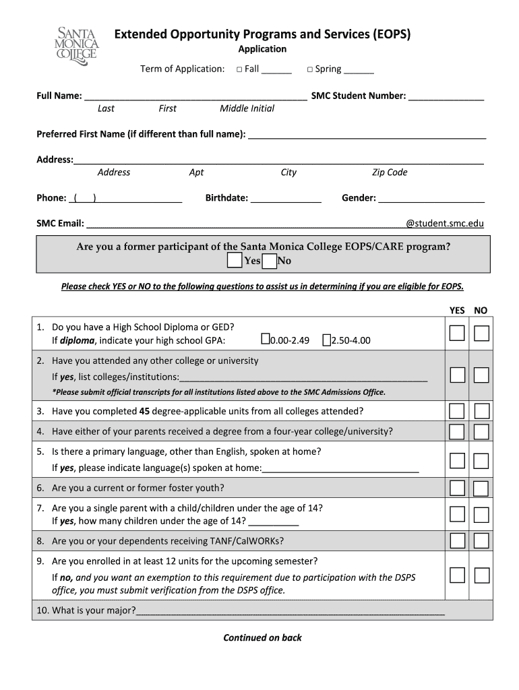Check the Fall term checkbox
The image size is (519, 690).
pyautogui.click(x=239, y=69)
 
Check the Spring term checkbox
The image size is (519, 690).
pyautogui.click(x=309, y=69)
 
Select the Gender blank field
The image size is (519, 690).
pyautogui.click(x=431, y=199)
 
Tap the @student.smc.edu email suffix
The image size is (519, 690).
pyautogui.click(x=444, y=223)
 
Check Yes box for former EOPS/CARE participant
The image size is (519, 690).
pyautogui.click(x=234, y=261)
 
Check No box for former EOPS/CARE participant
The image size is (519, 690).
pyautogui.click(x=269, y=261)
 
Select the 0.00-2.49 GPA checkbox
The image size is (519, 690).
pyautogui.click(x=265, y=340)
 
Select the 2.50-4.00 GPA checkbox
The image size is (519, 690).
pyautogui.click(x=326, y=340)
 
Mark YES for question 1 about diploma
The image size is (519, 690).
pyautogui.click(x=457, y=333)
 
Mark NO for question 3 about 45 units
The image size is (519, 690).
pyautogui.click(x=481, y=411)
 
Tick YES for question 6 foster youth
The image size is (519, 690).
pyautogui.click(x=457, y=487)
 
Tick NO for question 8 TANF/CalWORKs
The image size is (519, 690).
pyautogui.click(x=481, y=540)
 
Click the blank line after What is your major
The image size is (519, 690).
pyautogui.click(x=290, y=612)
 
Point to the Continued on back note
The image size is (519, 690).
pyautogui.click(x=262, y=637)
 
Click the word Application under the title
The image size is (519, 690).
pyautogui.click(x=262, y=49)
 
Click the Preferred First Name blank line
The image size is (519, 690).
pyautogui.click(x=367, y=135)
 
